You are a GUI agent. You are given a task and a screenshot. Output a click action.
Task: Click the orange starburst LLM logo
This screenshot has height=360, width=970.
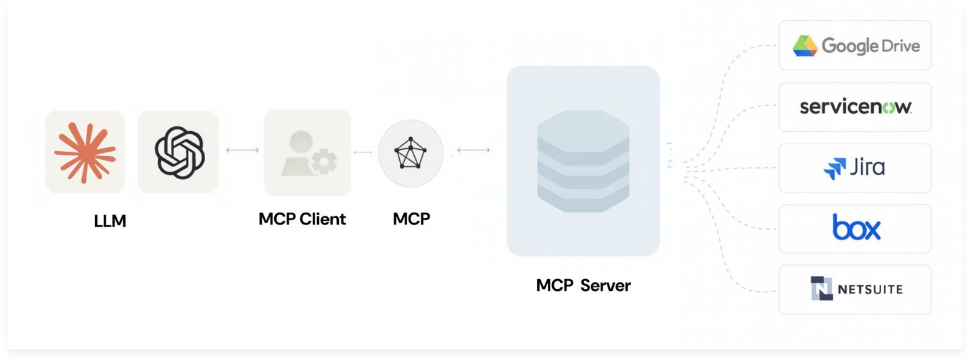coord(85,151)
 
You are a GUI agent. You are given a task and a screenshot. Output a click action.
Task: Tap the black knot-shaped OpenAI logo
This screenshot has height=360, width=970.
coord(178,151)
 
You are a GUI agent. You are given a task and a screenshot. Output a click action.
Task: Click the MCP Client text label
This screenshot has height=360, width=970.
coord(302,219)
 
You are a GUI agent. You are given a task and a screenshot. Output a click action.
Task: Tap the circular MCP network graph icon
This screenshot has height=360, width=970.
coord(410,152)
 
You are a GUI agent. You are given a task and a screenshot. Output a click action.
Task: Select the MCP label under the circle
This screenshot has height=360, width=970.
coord(411,219)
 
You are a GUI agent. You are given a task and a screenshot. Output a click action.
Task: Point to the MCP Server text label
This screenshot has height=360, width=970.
coord(583,285)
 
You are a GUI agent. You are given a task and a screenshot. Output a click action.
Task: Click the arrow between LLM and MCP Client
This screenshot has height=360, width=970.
coord(242,150)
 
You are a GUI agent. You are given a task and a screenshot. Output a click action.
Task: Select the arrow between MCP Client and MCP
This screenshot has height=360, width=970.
coord(363,152)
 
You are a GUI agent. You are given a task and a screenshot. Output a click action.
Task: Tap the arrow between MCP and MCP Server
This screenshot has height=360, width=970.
coord(473,150)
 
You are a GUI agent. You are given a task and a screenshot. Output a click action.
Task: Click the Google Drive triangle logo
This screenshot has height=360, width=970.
coord(804,46)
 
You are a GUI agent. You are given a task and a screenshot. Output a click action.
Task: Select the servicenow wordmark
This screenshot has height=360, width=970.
coord(856,107)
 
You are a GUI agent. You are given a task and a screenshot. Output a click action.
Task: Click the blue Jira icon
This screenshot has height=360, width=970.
coord(832,168)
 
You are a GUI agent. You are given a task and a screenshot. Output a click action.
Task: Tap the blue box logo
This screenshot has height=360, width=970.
coord(856,228)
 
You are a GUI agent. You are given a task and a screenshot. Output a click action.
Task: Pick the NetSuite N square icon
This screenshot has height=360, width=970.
coord(821,288)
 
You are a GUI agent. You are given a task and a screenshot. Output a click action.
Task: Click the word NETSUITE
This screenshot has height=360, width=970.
coord(870,289)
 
